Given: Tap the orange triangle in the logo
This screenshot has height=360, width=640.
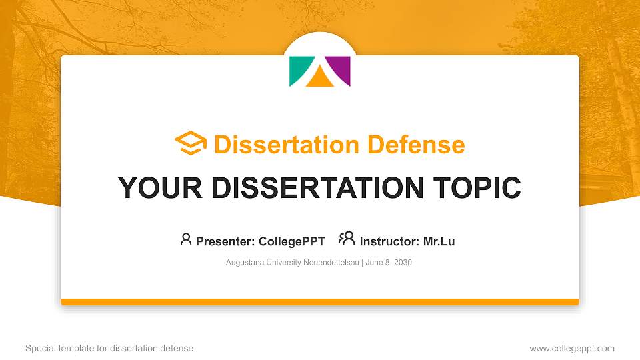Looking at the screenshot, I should [319, 79].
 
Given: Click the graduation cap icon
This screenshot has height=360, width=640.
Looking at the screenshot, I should [191, 143].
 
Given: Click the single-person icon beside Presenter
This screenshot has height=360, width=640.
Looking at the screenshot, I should [186, 239].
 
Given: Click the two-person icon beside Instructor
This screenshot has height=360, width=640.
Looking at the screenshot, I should [347, 239].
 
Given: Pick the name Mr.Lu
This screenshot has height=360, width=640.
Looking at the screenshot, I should [439, 241].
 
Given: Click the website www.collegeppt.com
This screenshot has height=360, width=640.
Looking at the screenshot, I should [572, 348].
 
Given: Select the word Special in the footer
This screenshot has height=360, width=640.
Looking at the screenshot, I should [39, 348].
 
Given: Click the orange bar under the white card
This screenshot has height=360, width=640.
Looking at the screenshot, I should [320, 302].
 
